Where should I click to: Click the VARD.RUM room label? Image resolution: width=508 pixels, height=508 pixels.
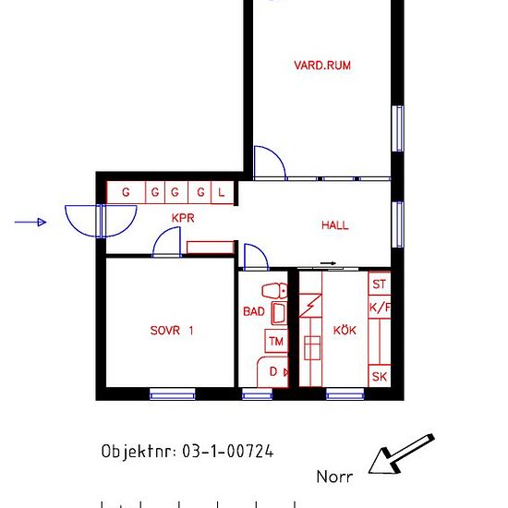coord(322,66)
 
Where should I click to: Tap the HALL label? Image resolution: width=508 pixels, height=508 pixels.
coord(335,224)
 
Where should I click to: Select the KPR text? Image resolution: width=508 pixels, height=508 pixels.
coord(182,219)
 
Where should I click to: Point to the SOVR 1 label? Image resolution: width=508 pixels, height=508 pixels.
coord(172,330)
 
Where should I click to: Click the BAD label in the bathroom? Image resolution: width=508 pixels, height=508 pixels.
coord(253,312)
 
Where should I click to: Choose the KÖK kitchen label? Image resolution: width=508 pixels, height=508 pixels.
coord(345,330)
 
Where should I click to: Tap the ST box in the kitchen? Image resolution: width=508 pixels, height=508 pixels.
coord(379,284)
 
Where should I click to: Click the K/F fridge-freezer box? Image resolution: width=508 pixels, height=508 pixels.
coord(379,308)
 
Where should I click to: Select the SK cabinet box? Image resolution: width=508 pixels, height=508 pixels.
coord(379,376)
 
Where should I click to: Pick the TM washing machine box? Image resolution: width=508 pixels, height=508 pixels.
coord(275,342)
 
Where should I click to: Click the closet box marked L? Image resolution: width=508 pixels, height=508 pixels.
coord(222,193)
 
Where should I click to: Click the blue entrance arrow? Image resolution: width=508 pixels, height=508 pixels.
coord(31,222)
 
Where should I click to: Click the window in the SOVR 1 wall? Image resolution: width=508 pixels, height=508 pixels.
coord(173,394)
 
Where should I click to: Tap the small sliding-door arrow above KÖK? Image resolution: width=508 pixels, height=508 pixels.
coord(330,265)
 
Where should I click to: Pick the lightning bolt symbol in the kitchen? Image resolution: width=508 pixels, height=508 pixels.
coord(310,307)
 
